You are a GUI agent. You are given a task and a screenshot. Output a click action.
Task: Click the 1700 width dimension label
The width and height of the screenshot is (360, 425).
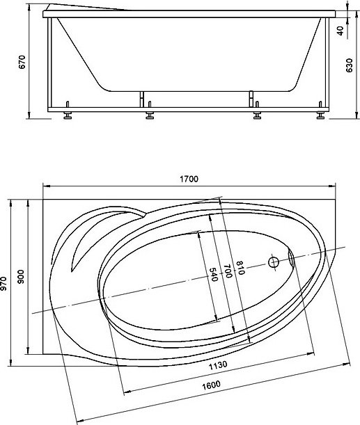pos(189,179)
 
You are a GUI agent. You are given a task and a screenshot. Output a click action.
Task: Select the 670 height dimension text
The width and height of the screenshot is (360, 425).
pos(22,63)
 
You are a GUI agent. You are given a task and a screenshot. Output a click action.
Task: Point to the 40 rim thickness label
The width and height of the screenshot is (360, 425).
pos(340,31)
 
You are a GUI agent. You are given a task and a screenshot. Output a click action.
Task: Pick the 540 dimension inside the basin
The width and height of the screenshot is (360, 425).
pos(214,274)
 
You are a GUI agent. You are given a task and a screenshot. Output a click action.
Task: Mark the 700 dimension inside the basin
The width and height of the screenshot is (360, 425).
pos(227,272)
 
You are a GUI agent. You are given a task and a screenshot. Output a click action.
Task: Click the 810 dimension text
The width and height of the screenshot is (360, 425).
pos(240,268)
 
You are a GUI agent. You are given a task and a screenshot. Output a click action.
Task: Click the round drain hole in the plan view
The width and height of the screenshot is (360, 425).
pos(274,263)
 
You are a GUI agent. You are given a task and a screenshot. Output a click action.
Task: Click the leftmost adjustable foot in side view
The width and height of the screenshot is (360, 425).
pos(68,114)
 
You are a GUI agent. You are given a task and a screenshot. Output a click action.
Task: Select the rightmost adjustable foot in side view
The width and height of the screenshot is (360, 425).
pos(321,114)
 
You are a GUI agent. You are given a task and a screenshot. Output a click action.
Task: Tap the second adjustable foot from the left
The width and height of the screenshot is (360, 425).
pos(149,114)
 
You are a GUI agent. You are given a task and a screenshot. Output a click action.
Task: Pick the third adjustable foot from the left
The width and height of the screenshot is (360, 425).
pos(256,114)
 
